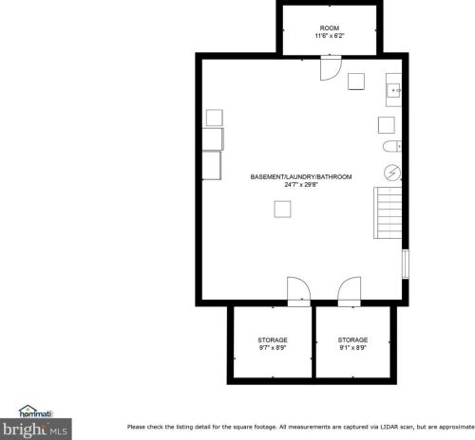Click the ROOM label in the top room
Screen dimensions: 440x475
click(330, 28)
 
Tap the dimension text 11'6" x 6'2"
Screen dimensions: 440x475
click(330, 36)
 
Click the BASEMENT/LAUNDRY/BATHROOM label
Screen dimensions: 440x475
click(301, 177)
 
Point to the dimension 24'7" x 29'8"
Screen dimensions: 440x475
click(301, 185)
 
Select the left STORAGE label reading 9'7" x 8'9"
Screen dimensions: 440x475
click(273, 339)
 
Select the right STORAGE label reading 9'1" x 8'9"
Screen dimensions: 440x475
click(352, 339)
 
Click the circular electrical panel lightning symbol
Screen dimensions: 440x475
click(390, 171)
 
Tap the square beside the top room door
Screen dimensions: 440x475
click(357, 81)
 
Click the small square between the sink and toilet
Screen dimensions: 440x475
click(387, 124)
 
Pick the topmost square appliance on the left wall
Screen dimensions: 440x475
click(214, 118)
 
